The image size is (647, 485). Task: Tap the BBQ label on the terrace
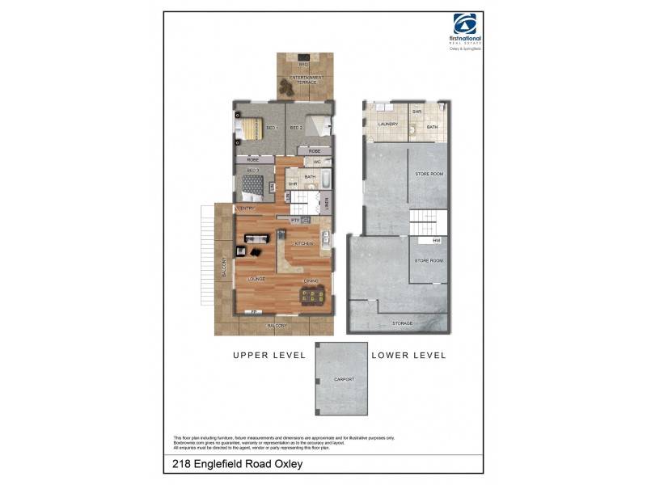click(304, 64)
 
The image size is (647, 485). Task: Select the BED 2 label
click(296, 128)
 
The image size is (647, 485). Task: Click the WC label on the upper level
click(317, 162)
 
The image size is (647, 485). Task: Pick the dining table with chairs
click(311, 297)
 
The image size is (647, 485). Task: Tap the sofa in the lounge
click(256, 238)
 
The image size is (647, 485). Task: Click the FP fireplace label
click(254, 312)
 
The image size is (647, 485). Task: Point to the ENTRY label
click(247, 209)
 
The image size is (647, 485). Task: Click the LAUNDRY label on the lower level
click(387, 124)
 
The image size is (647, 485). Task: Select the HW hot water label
click(436, 240)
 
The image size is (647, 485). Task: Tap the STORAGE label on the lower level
click(402, 323)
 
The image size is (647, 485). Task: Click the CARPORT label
click(343, 380)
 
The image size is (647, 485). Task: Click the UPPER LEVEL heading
click(269, 355)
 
